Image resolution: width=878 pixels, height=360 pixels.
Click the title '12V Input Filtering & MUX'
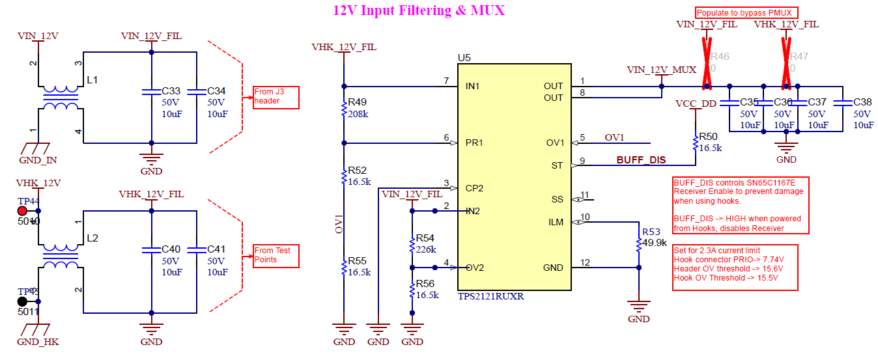point(419,10)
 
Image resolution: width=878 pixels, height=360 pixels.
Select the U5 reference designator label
point(464,58)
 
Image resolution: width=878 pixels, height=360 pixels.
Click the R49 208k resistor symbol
point(344,109)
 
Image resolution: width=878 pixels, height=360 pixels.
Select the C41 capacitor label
point(217,249)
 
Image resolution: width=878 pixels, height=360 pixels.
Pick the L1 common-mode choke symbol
point(60,98)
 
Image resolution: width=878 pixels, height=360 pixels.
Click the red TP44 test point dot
point(22,211)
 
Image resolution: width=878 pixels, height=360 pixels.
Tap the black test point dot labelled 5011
point(22,301)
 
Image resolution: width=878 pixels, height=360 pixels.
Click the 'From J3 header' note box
point(277,97)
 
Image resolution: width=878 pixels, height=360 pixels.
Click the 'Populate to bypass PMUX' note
point(746,12)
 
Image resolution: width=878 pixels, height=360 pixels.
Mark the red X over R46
point(707,64)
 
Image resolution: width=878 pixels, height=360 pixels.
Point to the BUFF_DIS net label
point(641,160)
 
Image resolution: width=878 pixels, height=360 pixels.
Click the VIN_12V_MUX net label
point(661,69)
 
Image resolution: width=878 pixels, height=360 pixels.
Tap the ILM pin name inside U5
point(556,222)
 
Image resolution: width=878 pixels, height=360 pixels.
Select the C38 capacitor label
point(862,102)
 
